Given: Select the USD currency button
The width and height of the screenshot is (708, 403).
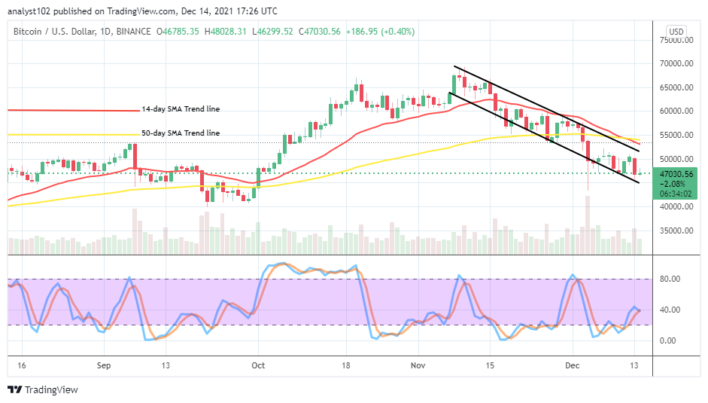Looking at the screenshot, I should click(676, 32).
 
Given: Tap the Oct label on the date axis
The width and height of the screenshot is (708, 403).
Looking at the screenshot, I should click(258, 365).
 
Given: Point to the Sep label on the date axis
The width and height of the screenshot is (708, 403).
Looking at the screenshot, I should click(105, 365).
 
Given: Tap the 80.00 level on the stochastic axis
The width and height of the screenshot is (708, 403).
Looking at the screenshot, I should click(672, 279).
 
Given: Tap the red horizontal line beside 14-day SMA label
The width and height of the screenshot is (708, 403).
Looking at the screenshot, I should click(75, 110).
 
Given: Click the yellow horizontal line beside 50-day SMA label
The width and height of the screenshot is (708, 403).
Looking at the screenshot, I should click(75, 134).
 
